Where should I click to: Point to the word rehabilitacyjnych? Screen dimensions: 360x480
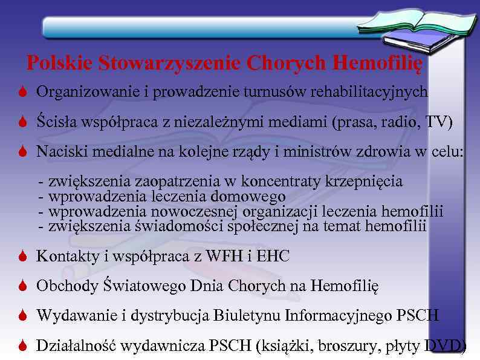[x=369, y=92]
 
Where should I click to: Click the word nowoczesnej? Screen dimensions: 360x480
[x=195, y=212]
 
